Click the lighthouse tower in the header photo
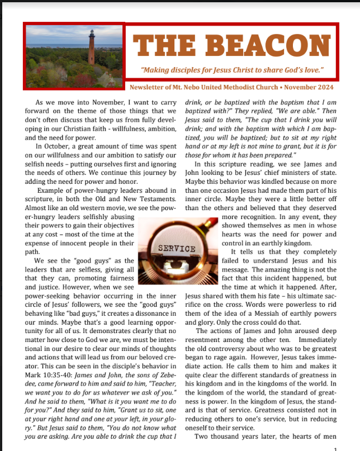coord(91,49)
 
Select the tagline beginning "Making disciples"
coord(233,72)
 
